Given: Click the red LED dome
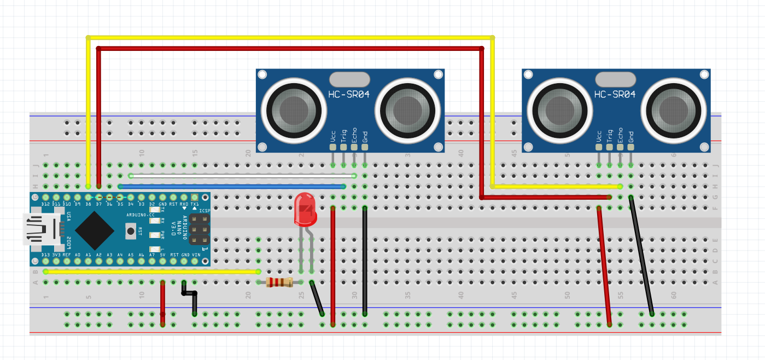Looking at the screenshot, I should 305,210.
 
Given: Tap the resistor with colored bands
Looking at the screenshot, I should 279,282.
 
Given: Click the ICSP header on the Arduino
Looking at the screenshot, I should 200,230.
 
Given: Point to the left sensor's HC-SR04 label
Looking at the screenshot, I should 349,94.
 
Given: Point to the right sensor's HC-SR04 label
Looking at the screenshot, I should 615,94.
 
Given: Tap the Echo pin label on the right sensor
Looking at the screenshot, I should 620,135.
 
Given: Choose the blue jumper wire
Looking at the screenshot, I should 230,187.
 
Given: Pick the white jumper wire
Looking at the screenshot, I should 241,176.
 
